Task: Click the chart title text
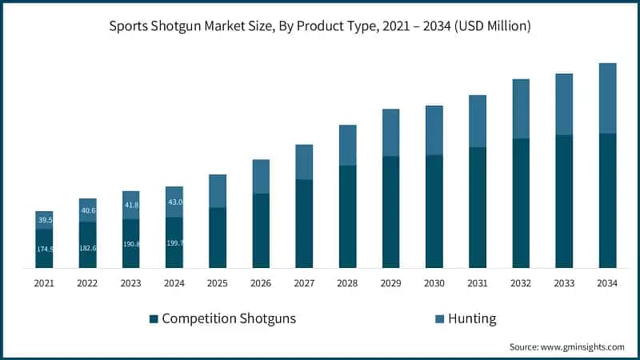tap(320, 26)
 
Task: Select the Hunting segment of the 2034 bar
tap(608, 98)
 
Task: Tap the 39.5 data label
tap(45, 220)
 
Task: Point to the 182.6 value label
tap(87, 249)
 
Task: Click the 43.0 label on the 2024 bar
tap(174, 202)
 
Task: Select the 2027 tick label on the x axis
tap(304, 282)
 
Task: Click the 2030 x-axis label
tap(434, 282)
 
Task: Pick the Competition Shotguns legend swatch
tap(154, 319)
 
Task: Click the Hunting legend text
tap(472, 318)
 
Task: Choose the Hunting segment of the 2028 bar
tap(348, 145)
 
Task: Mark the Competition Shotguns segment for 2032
tap(521, 202)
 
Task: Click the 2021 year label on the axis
tap(44, 282)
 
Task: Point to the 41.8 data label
tap(130, 205)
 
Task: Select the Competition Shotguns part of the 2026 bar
tap(261, 230)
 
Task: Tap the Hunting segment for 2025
tap(218, 191)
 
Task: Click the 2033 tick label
tap(565, 282)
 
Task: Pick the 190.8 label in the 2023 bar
tap(130, 243)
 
